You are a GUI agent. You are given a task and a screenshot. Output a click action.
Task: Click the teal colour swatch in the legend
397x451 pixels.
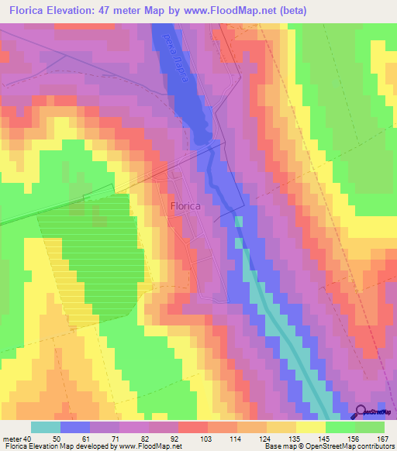(x=45, y=427)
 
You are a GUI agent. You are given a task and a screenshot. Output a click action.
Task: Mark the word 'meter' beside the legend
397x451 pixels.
(x=10, y=439)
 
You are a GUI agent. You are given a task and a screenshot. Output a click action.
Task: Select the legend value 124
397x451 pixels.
(x=266, y=439)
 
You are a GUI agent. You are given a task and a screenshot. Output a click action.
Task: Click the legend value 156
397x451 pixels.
(x=354, y=439)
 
